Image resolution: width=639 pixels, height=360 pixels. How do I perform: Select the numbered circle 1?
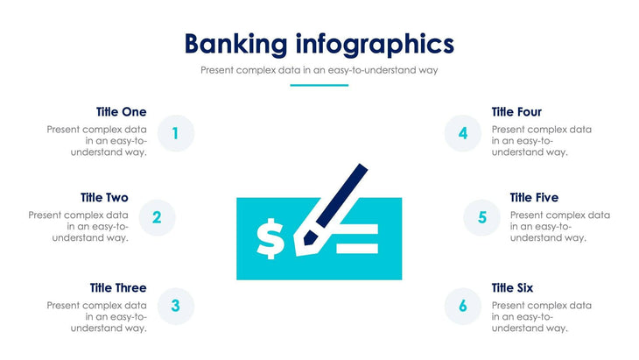175,133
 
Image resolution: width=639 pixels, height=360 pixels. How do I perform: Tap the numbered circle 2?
157,217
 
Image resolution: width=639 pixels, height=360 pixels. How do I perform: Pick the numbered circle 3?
175,306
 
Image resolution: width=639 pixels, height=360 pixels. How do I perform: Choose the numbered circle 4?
463,133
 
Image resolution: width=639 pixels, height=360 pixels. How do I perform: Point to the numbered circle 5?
482,217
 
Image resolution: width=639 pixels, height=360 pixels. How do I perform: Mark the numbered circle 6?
463,306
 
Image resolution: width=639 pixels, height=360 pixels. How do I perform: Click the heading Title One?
121,112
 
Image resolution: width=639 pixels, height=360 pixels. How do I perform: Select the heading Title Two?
104,198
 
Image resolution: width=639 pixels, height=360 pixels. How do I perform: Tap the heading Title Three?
118,288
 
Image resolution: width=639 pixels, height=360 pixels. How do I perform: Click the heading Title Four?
516,112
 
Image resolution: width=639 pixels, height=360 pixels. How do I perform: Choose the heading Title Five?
534,198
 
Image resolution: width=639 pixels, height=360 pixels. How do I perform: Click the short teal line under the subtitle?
319,85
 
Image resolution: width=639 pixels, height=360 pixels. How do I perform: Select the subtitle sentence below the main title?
319,70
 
